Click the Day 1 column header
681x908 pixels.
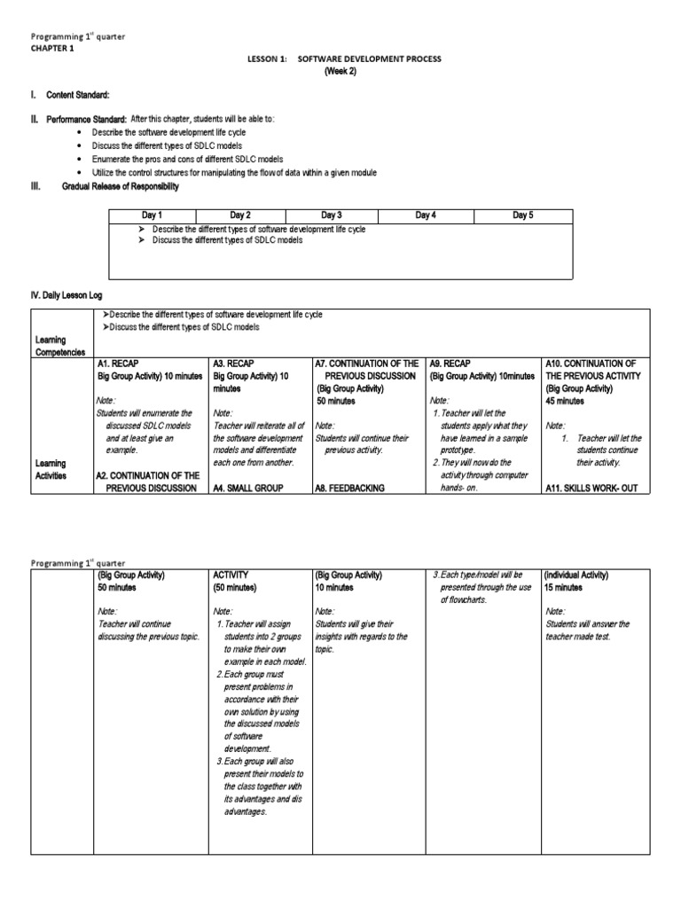point(153,215)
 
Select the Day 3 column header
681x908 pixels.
point(332,215)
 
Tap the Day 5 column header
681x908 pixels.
point(523,215)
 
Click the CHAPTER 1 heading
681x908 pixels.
point(52,49)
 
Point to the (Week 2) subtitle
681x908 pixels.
point(339,72)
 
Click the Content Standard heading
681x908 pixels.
point(85,95)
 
